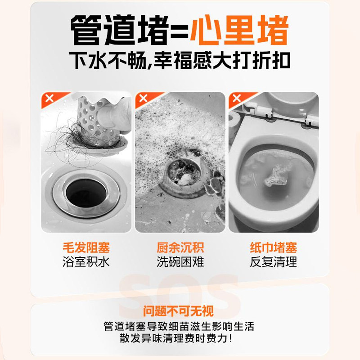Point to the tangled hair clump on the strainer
click(x=67, y=135)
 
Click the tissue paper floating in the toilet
click(x=272, y=176)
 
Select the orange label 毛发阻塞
click(x=86, y=247)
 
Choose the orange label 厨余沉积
click(x=180, y=247)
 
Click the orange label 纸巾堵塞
click(x=273, y=247)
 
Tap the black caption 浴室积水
click(x=86, y=262)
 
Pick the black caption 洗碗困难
click(x=180, y=262)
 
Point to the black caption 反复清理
click(x=273, y=262)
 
